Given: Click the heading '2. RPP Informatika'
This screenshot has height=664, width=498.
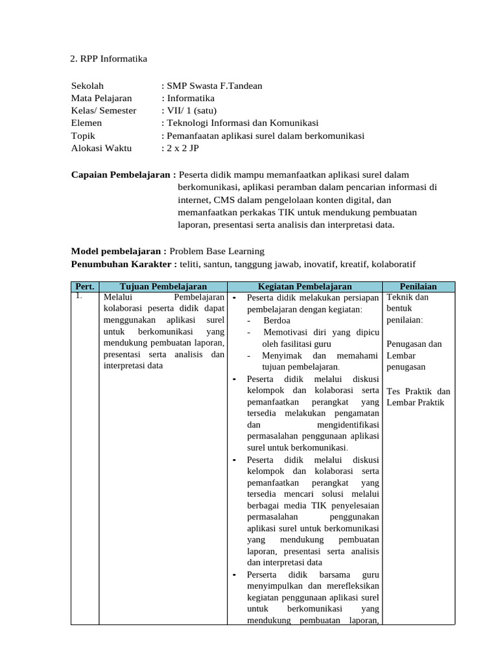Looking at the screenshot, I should pos(108,59).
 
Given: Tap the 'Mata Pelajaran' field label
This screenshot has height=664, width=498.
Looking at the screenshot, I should pos(101,98).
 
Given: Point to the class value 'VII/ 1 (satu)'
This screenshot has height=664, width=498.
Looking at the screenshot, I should pos(192,110).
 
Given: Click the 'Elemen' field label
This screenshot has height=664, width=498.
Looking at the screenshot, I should pos(86,123).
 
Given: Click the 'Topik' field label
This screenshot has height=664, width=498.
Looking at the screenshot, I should pos(83,136).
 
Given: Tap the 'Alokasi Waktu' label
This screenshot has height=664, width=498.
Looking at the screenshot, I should pos(101,148).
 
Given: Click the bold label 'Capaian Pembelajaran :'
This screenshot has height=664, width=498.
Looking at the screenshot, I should pos(123,174).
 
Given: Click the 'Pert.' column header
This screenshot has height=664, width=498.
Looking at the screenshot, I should pos(85,287).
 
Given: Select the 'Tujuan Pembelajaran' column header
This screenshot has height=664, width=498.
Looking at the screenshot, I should pos(163,287).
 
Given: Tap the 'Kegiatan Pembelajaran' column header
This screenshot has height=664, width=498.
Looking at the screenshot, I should pos(304,287).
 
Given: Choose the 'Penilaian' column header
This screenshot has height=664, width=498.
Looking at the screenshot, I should pos(418,287).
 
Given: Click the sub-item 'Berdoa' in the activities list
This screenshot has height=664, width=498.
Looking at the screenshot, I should pos(277,320).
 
